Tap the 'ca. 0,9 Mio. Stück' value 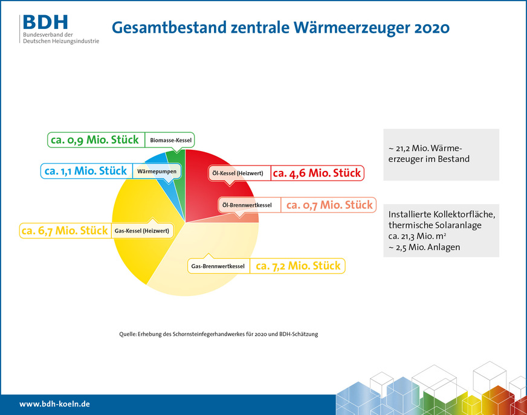click(x=95, y=140)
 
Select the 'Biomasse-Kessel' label click(x=170, y=140)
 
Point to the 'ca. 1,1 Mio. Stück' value click(x=86, y=171)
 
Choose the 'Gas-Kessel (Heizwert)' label click(x=141, y=230)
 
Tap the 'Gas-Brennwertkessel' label click(x=218, y=266)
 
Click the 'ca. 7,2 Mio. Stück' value click(x=298, y=266)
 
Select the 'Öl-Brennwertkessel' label click(x=247, y=205)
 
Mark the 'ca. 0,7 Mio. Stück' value click(x=329, y=205)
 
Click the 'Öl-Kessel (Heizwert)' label click(x=237, y=173)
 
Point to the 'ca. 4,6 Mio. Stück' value click(x=317, y=173)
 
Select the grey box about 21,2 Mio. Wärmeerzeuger click(x=441, y=155)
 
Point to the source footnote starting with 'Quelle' click(x=218, y=334)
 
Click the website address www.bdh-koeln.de click(x=54, y=404)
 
